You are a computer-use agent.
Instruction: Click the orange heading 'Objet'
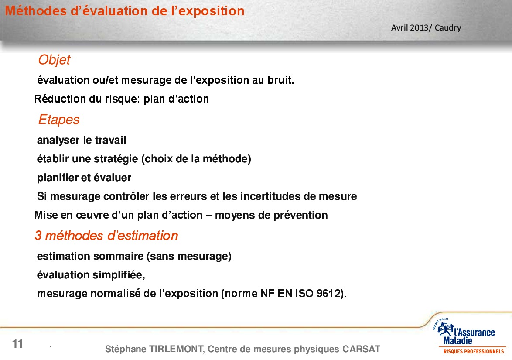click(54, 60)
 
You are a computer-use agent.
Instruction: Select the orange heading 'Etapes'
click(59, 120)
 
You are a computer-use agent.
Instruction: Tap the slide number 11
click(17, 344)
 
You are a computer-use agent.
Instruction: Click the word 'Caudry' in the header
click(448, 28)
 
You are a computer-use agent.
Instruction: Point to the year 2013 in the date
click(419, 28)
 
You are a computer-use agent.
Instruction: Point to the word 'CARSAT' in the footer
click(361, 349)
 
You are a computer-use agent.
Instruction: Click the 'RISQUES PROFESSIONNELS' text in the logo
click(474, 352)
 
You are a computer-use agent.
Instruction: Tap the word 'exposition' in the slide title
click(211, 11)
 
